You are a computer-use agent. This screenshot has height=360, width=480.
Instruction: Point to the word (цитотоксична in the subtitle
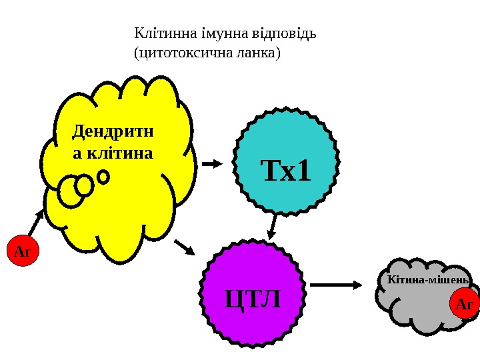coord(180,51)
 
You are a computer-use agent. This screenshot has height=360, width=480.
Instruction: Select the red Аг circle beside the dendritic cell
coord(23,251)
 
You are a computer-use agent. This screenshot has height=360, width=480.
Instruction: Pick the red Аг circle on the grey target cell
coord(464,304)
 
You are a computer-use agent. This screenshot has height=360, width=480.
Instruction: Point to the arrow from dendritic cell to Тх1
coord(213,163)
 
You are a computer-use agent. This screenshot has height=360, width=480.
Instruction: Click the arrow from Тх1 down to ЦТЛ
coord(273,225)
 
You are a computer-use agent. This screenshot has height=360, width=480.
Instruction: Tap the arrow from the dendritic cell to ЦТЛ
coord(184,247)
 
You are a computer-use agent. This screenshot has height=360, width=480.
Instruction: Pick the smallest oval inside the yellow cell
coord(103,177)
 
